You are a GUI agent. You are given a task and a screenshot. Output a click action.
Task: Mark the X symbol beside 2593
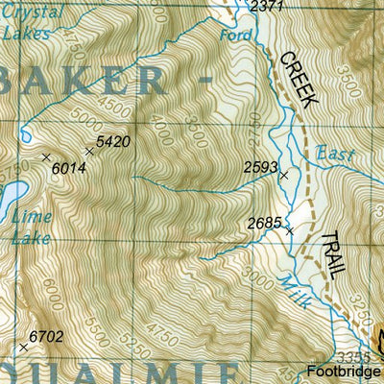tap(283, 175)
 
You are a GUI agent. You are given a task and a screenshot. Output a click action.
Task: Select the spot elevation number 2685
tap(264, 223)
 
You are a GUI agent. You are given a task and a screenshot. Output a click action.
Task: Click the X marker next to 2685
tap(289, 230)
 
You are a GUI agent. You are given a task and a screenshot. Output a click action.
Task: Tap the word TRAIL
tap(329, 254)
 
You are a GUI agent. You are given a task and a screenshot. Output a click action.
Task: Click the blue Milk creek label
tap(293, 290)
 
